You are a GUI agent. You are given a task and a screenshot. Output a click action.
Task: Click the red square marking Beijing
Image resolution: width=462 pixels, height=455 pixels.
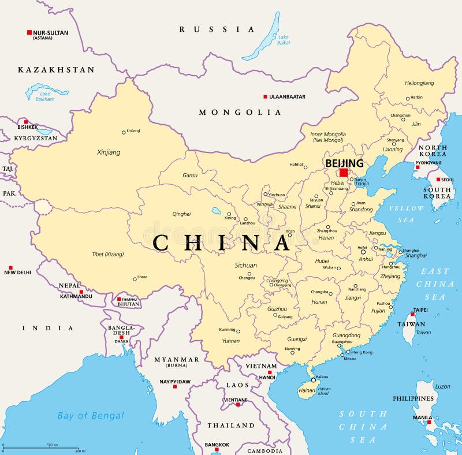pyautogui.click(x=344, y=172)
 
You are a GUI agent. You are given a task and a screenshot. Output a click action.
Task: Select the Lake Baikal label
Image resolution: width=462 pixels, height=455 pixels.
pyautogui.click(x=283, y=39)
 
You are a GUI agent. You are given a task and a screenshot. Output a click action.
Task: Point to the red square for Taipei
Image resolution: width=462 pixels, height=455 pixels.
pyautogui.click(x=413, y=315)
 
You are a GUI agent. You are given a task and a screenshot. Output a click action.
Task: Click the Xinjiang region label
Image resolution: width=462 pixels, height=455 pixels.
pyautogui.click(x=109, y=152)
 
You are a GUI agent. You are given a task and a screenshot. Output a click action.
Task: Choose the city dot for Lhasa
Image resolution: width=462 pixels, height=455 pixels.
pyautogui.click(x=135, y=279)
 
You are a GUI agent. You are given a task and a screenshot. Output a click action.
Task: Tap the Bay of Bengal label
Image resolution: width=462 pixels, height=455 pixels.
pyautogui.click(x=91, y=415)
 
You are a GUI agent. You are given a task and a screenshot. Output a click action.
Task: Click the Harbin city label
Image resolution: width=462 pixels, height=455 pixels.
pyautogui.click(x=416, y=98)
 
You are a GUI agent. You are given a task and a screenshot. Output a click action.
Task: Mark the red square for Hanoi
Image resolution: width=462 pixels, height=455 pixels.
pyautogui.click(x=269, y=372)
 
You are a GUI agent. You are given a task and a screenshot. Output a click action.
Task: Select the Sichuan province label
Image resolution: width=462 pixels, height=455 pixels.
pyautogui.click(x=246, y=266)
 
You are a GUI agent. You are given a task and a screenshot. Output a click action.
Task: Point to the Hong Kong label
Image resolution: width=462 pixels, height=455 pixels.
pyautogui.click(x=362, y=352)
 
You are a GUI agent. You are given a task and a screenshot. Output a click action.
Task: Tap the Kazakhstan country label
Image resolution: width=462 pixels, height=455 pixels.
pyautogui.click(x=56, y=70)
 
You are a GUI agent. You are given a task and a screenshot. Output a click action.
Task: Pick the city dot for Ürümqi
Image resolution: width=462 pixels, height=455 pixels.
pyautogui.click(x=124, y=132)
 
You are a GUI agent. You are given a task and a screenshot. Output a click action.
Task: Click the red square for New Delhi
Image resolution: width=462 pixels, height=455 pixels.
pyautogui.click(x=10, y=268)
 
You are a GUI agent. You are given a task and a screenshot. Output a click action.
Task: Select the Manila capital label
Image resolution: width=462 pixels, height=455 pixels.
pyautogui.click(x=422, y=417)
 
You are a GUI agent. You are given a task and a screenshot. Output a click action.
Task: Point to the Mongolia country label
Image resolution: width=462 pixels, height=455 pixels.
pyautogui.click(x=240, y=112)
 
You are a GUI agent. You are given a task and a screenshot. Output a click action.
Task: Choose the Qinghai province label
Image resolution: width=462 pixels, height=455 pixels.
pyautogui.click(x=181, y=214)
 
